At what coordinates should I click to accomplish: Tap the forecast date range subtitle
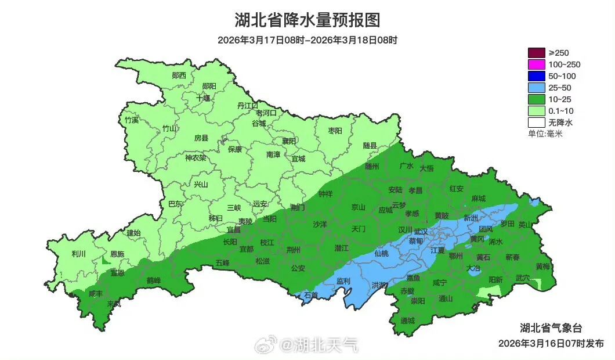[307, 40]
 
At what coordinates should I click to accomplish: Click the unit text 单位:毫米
[545, 134]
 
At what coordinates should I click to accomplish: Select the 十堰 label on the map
[203, 98]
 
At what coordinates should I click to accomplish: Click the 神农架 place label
[196, 158]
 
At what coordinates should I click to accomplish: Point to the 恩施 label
[117, 254]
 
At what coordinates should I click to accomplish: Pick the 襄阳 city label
[289, 141]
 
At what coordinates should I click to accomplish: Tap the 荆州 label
[294, 250]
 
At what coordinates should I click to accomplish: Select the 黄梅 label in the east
[543, 267]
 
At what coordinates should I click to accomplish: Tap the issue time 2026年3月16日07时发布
[551, 343]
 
